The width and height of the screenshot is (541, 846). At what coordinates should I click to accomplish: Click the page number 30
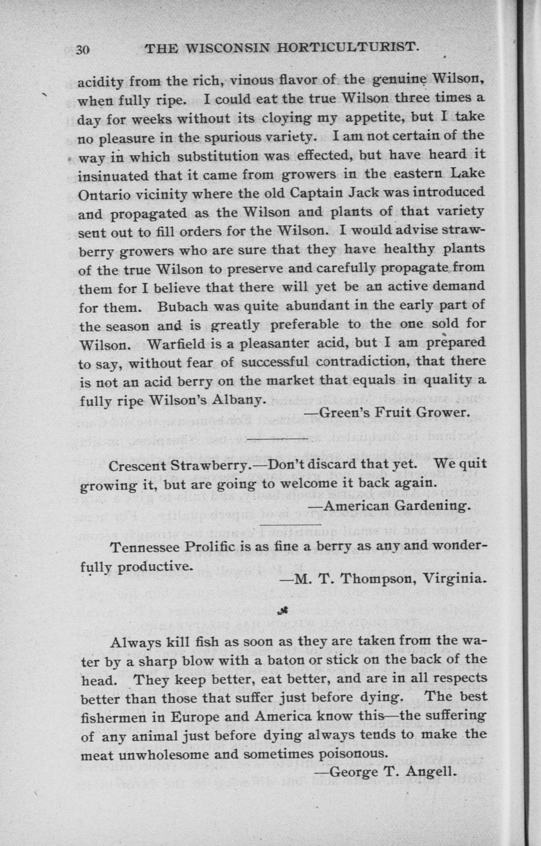(x=84, y=50)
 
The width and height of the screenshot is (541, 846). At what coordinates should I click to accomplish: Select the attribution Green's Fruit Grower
(x=387, y=412)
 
